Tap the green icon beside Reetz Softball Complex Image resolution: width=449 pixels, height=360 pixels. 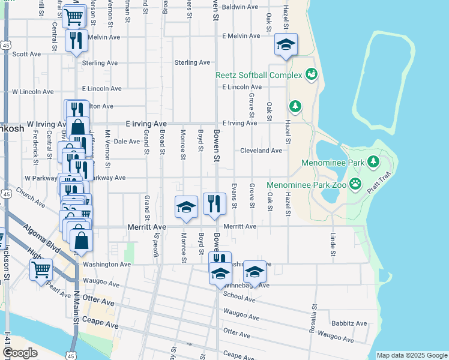pyautogui.click(x=312, y=74)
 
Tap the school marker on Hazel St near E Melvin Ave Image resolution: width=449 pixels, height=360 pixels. pyautogui.click(x=286, y=44)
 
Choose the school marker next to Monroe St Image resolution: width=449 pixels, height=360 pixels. pyautogui.click(x=186, y=207)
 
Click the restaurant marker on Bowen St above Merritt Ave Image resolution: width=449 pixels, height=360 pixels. pyautogui.click(x=214, y=204)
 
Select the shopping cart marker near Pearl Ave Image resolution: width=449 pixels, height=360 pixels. pyautogui.click(x=41, y=269)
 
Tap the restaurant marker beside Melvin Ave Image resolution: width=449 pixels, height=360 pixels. pyautogui.click(x=76, y=41)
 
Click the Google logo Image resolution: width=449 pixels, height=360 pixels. pyautogui.click(x=20, y=353)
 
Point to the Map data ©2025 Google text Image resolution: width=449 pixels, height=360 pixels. pyautogui.click(x=411, y=355)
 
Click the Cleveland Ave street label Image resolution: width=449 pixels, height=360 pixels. pyautogui.click(x=261, y=151)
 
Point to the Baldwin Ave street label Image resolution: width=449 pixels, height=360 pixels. pyautogui.click(x=240, y=7)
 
